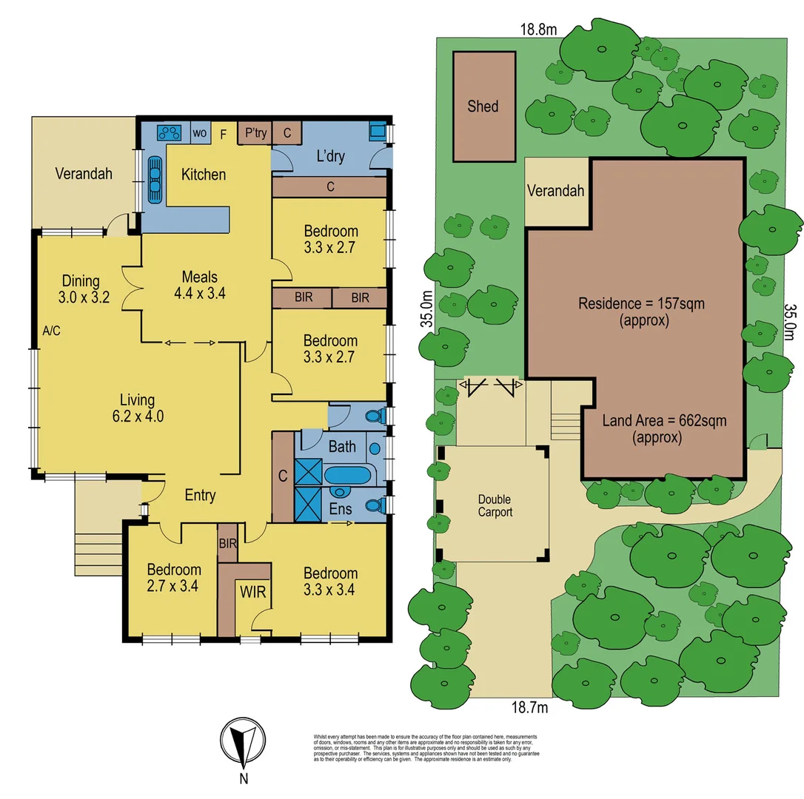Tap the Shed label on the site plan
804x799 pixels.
coord(483,107)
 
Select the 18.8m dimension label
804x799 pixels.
coord(538,30)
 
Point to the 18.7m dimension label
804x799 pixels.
coord(529,708)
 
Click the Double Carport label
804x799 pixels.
coord(494,506)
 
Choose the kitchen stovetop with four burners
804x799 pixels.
coord(170,132)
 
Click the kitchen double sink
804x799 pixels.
coord(155,180)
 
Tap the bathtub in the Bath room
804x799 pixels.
coord(346,474)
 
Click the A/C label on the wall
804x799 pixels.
coord(51,331)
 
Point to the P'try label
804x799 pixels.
coord(255,133)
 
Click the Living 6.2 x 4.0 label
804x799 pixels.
coord(138,408)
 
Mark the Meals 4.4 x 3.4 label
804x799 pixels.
coord(199,284)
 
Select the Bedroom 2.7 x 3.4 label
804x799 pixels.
coord(173,577)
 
